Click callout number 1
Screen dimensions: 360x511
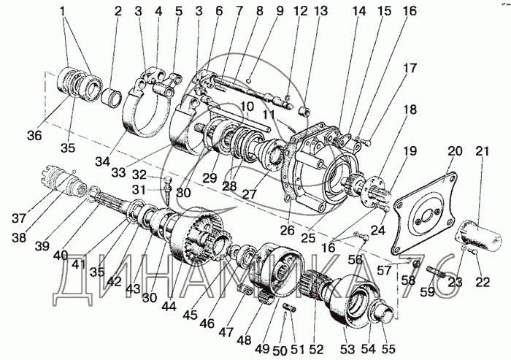pyautogui.click(x=64, y=12)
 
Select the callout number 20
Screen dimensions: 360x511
pyautogui.click(x=456, y=151)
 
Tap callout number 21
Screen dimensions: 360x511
pyautogui.click(x=482, y=151)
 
